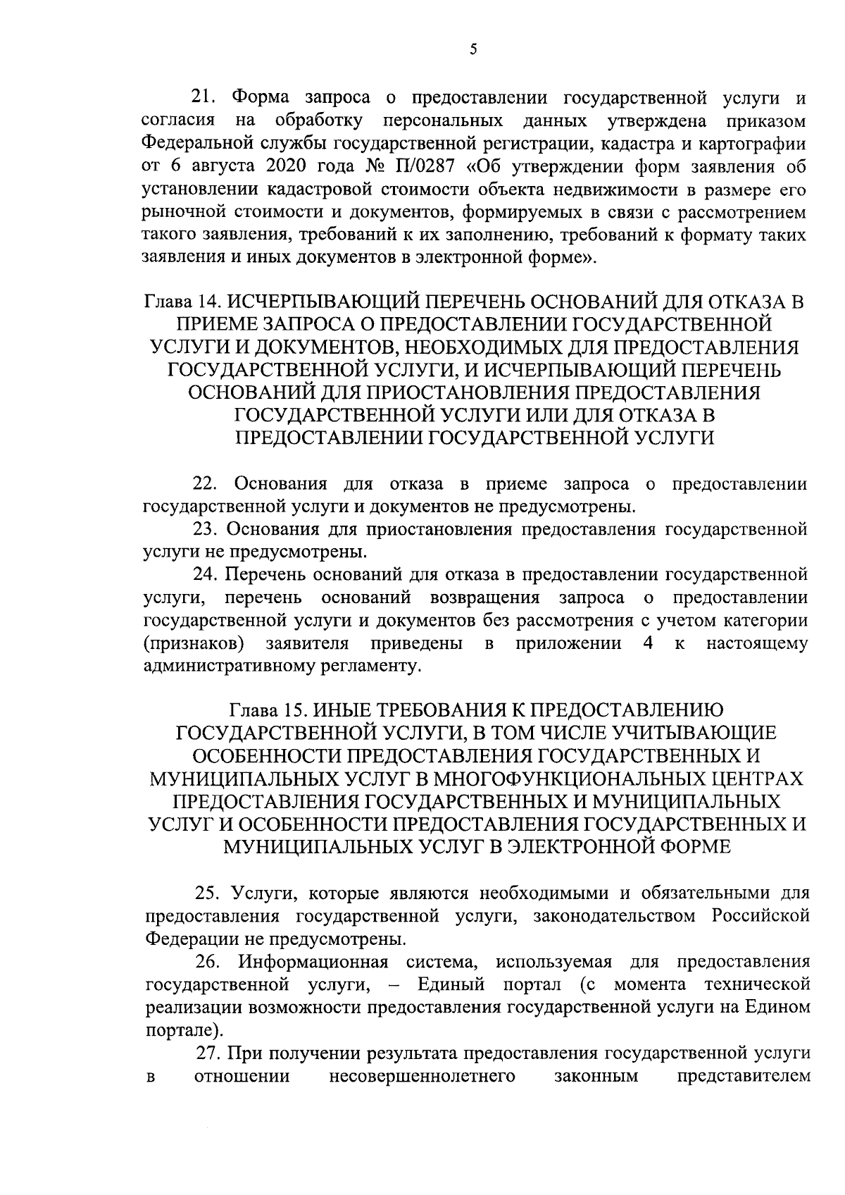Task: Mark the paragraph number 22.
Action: pos(206,484)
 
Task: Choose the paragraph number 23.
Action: pos(206,528)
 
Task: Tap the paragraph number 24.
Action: pos(206,574)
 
